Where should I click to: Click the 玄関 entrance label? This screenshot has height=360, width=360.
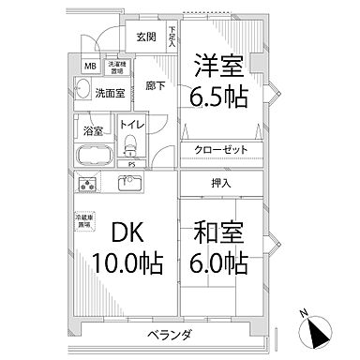(x=145, y=37)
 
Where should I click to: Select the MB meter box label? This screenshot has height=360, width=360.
(x=89, y=67)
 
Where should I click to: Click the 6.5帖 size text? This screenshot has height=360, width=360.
(x=220, y=96)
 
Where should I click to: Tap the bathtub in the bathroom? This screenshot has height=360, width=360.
(x=96, y=155)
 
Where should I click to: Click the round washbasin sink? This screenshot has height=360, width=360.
(x=82, y=91)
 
